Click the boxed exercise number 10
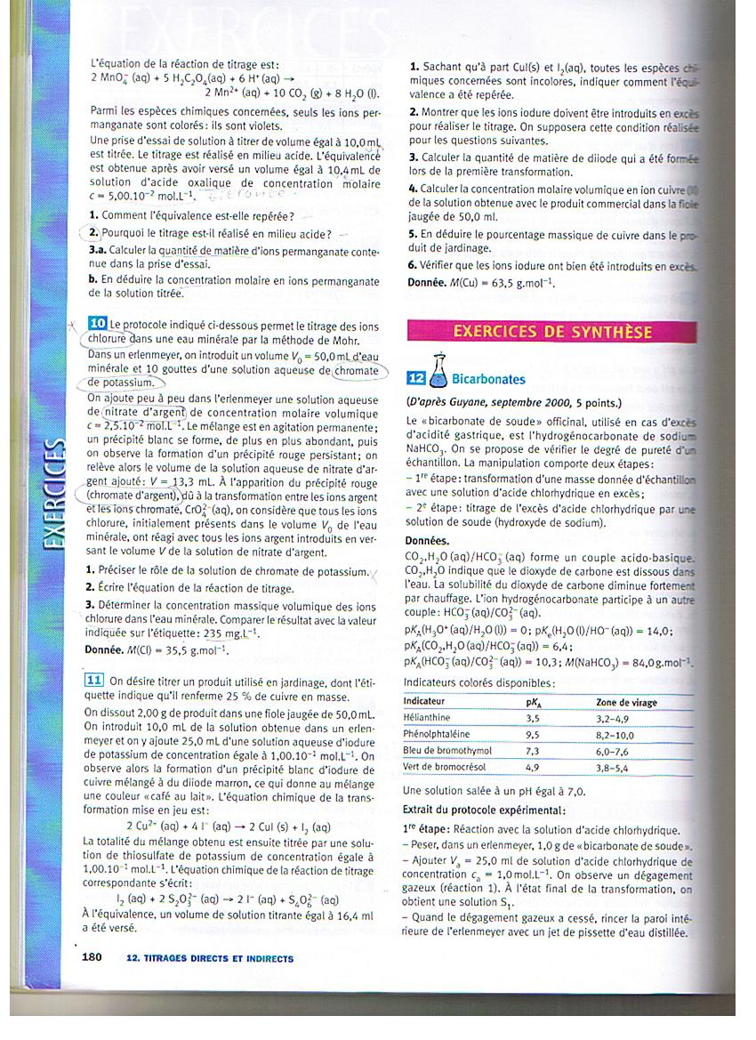point(98,326)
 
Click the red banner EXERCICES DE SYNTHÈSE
point(552,332)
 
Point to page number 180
point(92,958)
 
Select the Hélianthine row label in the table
point(427,717)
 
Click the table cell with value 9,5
point(534,734)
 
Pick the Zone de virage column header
point(626,702)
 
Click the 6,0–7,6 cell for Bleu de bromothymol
point(615,750)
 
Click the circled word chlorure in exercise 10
point(108,339)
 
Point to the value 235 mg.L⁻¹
point(230,633)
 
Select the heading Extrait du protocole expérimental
point(483,810)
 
